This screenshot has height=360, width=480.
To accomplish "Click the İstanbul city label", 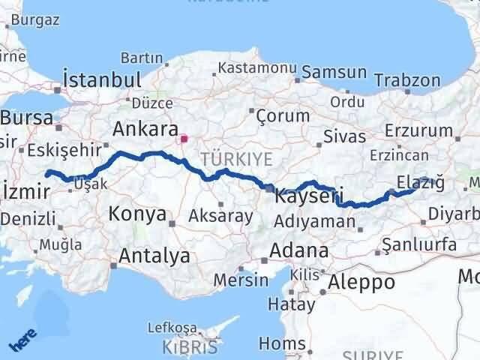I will click(x=103, y=79).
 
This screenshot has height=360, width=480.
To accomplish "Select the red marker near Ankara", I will click(x=184, y=139).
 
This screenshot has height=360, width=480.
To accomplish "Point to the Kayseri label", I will click(x=309, y=196).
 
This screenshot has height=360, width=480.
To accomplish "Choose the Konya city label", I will click(x=137, y=214).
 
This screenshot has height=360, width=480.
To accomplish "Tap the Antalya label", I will click(x=154, y=256).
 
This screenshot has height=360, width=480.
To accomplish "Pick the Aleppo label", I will click(x=357, y=283).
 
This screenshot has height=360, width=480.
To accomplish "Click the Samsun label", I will click(x=336, y=73).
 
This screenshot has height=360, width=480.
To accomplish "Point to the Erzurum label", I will click(x=415, y=130).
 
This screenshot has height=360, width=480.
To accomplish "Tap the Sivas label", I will click(x=344, y=136).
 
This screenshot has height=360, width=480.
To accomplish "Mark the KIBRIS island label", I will click(x=190, y=347).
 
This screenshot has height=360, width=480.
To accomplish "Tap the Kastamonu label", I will click(x=250, y=68).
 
